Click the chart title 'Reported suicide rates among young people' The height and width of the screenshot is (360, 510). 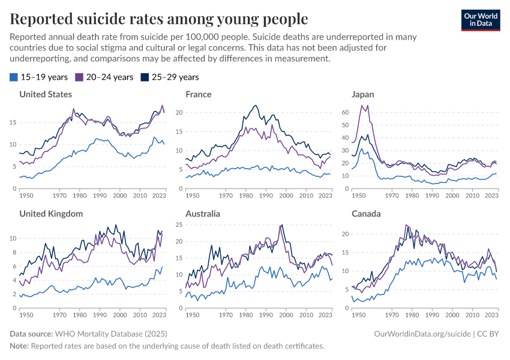(159, 19)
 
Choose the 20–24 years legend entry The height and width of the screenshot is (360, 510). (104, 77)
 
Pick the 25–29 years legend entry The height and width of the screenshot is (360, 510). (169, 77)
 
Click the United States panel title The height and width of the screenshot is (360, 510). (46, 94)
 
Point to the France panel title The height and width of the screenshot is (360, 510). (199, 94)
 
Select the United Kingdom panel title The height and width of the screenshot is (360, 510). (50, 214)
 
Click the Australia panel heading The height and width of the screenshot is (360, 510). (203, 214)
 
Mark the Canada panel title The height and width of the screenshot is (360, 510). (365, 214)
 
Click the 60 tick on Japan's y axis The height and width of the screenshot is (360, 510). (344, 112)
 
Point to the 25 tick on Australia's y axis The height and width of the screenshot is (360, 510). (179, 225)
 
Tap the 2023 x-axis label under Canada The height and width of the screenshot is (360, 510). (491, 314)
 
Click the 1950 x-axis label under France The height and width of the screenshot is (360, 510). (192, 196)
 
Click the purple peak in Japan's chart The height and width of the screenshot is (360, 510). (362, 106)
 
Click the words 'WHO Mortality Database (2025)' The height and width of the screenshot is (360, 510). (111, 333)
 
